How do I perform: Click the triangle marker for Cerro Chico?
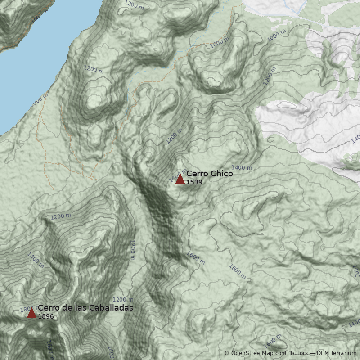click(x=180, y=179)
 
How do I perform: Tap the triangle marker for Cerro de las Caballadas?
click(x=31, y=313)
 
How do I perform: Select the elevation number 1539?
click(x=194, y=182)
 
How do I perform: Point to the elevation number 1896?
click(x=46, y=316)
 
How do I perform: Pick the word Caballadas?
click(x=110, y=308)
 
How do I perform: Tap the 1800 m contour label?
click(x=26, y=309)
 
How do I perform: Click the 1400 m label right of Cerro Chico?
click(x=242, y=168)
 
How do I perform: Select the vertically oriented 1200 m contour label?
click(x=132, y=250)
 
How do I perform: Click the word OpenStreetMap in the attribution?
click(x=253, y=353)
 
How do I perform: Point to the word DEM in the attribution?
click(x=323, y=353)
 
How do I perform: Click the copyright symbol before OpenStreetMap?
click(x=227, y=353)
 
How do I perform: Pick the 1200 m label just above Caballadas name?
click(x=123, y=300)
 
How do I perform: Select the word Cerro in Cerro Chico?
click(x=197, y=174)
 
